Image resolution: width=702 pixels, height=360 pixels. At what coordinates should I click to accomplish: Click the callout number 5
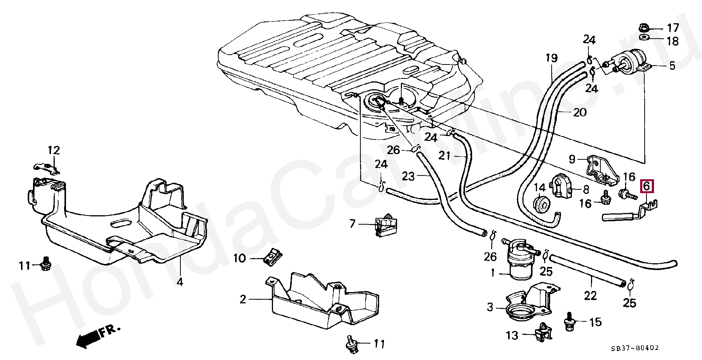point(671,66)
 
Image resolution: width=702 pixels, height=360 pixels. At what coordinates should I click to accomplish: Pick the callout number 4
point(180,281)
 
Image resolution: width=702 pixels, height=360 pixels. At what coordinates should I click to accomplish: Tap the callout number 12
point(54,151)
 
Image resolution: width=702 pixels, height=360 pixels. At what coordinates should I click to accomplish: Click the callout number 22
point(590,296)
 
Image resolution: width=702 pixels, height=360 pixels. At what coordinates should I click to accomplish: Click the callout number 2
point(243,299)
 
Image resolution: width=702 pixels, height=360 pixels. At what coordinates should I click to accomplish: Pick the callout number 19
point(551,58)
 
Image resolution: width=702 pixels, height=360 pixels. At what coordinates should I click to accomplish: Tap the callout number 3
point(490,307)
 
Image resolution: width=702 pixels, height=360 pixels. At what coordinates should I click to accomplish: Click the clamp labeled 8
point(561,186)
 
